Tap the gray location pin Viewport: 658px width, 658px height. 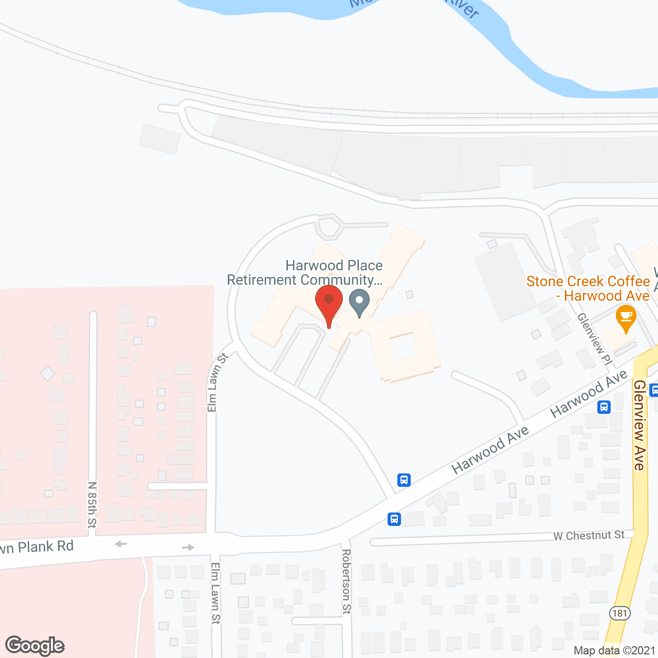359,302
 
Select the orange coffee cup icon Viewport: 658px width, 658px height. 626,317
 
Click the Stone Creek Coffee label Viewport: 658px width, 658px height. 588,288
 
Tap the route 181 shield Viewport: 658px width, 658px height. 620,613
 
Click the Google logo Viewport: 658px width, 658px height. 35,646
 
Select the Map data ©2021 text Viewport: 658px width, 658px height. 614,650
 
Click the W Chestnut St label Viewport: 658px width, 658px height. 589,536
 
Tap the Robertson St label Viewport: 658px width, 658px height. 346,581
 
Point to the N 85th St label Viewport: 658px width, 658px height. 92,504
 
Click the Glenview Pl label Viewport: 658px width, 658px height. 594,339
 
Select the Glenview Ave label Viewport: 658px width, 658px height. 639,425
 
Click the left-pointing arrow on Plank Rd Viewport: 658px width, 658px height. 121,543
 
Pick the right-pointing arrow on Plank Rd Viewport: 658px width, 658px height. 188,547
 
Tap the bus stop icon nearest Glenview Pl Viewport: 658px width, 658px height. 604,407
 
